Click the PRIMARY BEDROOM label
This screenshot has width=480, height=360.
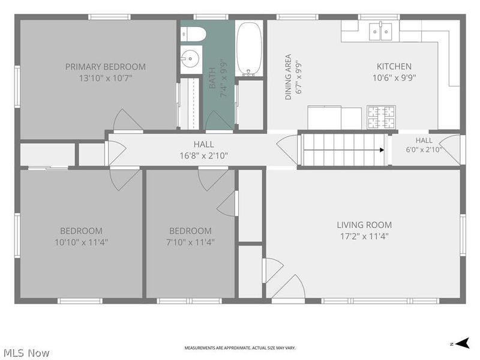[106, 67]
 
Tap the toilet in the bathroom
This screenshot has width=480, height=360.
[192, 34]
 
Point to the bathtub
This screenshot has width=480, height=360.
[249, 49]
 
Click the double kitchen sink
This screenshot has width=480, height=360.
[380, 31]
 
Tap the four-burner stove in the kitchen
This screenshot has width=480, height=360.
[382, 117]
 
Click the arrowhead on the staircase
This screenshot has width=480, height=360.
[382, 150]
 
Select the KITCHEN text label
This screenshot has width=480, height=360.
[394, 67]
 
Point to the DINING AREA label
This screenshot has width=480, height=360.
[288, 77]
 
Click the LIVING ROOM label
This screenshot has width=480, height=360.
[364, 225]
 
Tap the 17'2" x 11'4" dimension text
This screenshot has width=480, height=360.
[364, 236]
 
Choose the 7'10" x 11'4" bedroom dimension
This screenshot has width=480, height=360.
[190, 242]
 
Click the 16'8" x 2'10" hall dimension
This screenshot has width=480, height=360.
[204, 156]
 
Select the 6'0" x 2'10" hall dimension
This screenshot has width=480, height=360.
[424, 149]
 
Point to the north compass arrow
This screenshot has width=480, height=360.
[462, 343]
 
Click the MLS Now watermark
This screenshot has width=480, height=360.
[26, 353]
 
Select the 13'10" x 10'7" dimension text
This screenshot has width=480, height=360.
[106, 79]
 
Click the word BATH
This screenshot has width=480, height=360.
[212, 78]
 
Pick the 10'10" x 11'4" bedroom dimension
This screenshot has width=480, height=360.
[81, 242]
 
